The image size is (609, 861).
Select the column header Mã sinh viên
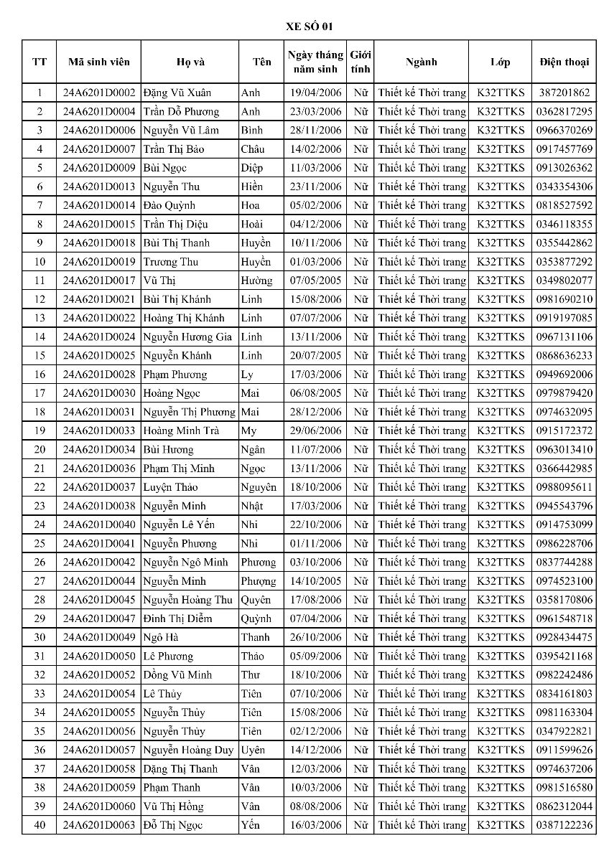(99, 62)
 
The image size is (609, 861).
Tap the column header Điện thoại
(564, 62)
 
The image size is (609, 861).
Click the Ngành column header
(421, 62)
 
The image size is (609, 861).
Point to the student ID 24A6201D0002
(99, 93)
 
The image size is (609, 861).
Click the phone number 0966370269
(564, 130)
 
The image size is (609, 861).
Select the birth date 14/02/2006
(316, 149)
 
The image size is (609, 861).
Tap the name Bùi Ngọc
(165, 168)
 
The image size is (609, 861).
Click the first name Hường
(256, 281)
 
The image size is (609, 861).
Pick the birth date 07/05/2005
(316, 281)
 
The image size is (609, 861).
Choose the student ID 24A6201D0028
(99, 375)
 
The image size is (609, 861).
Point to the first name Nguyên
(259, 487)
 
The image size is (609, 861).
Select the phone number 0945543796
(564, 506)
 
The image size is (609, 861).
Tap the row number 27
(39, 581)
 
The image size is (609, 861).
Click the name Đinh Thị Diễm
(177, 618)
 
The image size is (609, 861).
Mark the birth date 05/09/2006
(316, 656)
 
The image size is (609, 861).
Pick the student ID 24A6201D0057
(99, 750)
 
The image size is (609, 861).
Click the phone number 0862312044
(564, 806)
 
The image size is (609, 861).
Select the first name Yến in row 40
(251, 825)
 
